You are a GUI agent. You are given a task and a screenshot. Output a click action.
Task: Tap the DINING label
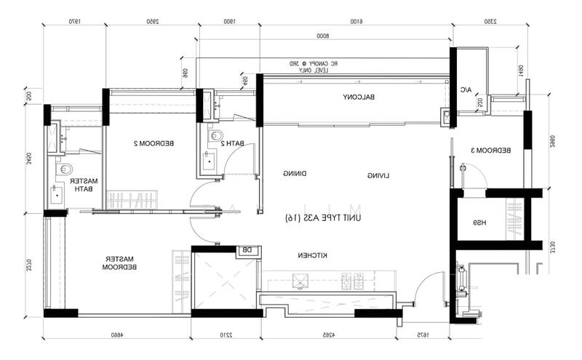[294, 174]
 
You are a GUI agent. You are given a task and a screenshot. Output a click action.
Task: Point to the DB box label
[247, 250]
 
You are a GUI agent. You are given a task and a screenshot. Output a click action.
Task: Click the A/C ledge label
[466, 90]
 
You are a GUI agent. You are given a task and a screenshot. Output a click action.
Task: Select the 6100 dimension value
[356, 23]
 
